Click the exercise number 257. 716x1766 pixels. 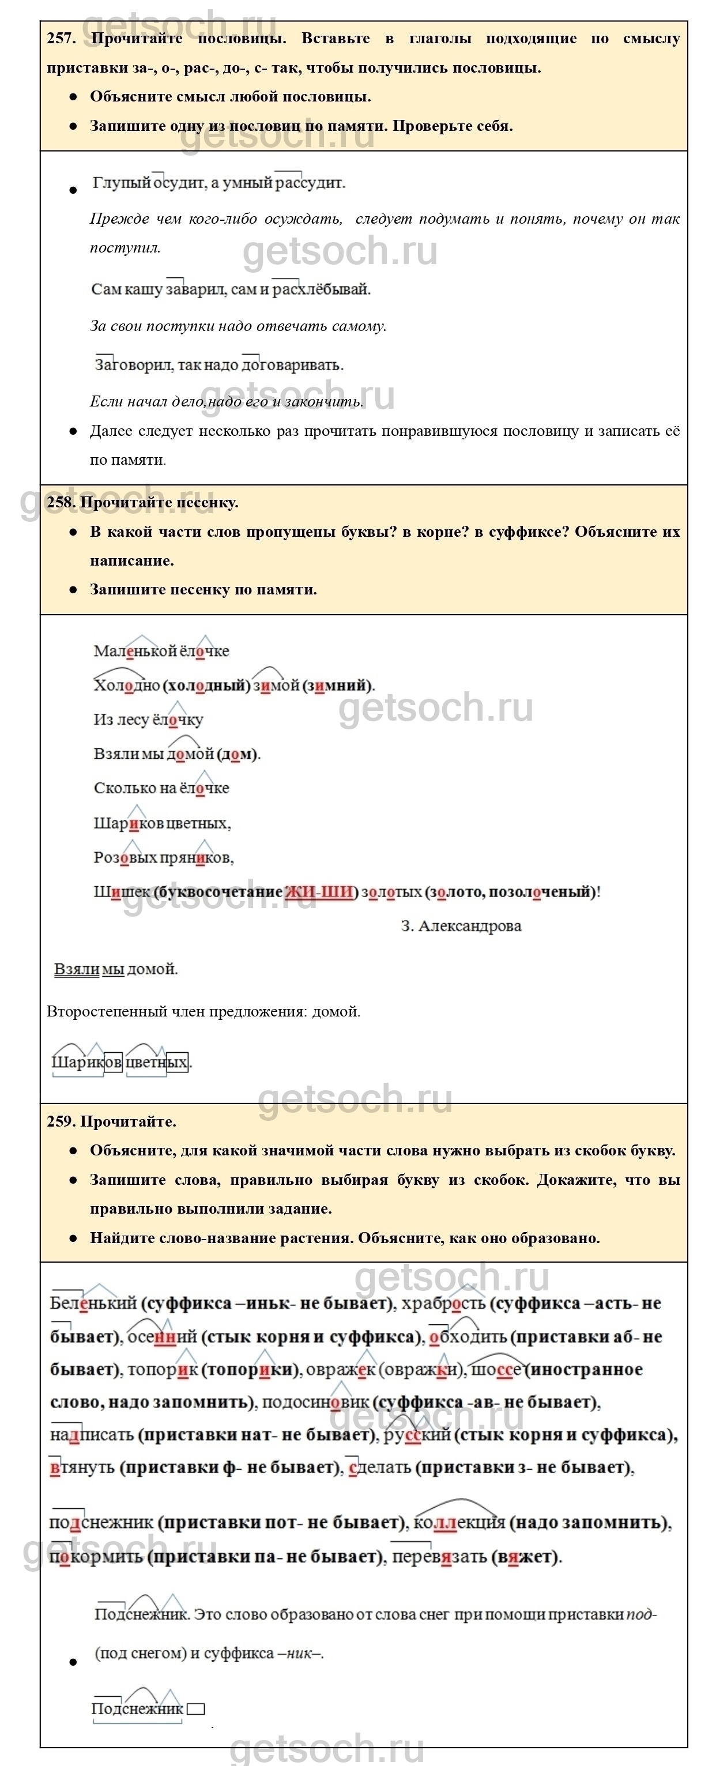tap(61, 39)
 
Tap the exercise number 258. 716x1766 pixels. tap(61, 503)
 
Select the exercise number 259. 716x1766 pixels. tap(61, 1121)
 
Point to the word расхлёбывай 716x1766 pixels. tap(321, 289)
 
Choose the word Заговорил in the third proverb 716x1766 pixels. tap(134, 365)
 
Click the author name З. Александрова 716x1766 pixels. tap(461, 926)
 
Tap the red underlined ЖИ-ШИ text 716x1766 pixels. tap(319, 892)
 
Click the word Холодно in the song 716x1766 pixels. tap(126, 686)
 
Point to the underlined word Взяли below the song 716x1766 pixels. tap(77, 969)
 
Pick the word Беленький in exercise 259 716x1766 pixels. tap(93, 1303)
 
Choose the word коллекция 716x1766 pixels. tap(459, 1523)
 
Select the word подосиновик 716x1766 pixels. tap(315, 1403)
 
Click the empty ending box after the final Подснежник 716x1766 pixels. tap(196, 1709)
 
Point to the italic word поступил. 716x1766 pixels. tap(125, 248)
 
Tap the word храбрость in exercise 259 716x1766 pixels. tap(443, 1303)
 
